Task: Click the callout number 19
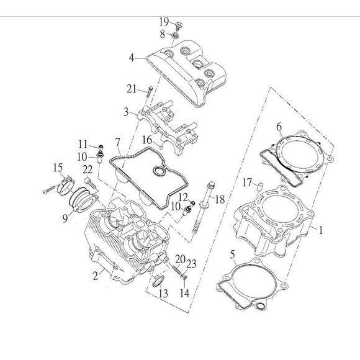pos(164,22)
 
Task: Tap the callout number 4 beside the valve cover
pos(132,58)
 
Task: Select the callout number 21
pos(132,89)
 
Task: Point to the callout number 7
pos(118,143)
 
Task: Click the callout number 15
pos(58,168)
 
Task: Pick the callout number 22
pos(88,169)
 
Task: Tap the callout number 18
pos(220,199)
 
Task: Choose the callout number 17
pos(247,182)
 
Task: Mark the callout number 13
pos(163,294)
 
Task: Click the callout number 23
pos(191,264)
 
